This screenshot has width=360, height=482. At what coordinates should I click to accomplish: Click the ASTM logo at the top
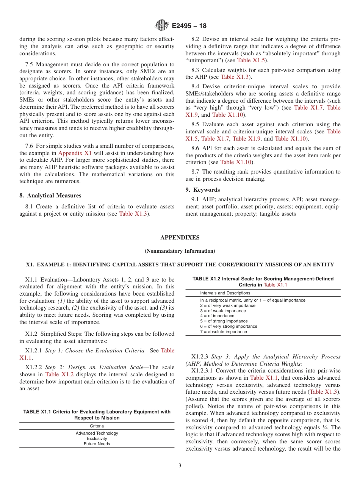click(x=162, y=26)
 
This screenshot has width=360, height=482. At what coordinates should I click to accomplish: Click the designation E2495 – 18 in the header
click(x=189, y=26)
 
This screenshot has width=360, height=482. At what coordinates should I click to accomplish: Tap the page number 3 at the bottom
click(x=180, y=466)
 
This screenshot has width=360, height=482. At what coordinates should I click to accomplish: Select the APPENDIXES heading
click(x=180, y=238)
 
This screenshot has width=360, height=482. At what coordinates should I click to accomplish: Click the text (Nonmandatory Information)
click(x=180, y=251)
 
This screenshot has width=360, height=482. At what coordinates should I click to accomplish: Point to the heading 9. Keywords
click(x=206, y=190)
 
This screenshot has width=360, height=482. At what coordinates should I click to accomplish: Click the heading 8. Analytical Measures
click(x=50, y=196)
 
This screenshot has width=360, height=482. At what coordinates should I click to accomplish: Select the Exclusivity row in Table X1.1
click(x=97, y=438)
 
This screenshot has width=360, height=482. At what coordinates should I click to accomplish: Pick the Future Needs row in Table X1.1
click(x=97, y=444)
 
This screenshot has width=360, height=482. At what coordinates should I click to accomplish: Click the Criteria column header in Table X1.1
click(x=97, y=426)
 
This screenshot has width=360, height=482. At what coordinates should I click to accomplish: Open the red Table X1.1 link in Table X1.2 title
click(x=275, y=285)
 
